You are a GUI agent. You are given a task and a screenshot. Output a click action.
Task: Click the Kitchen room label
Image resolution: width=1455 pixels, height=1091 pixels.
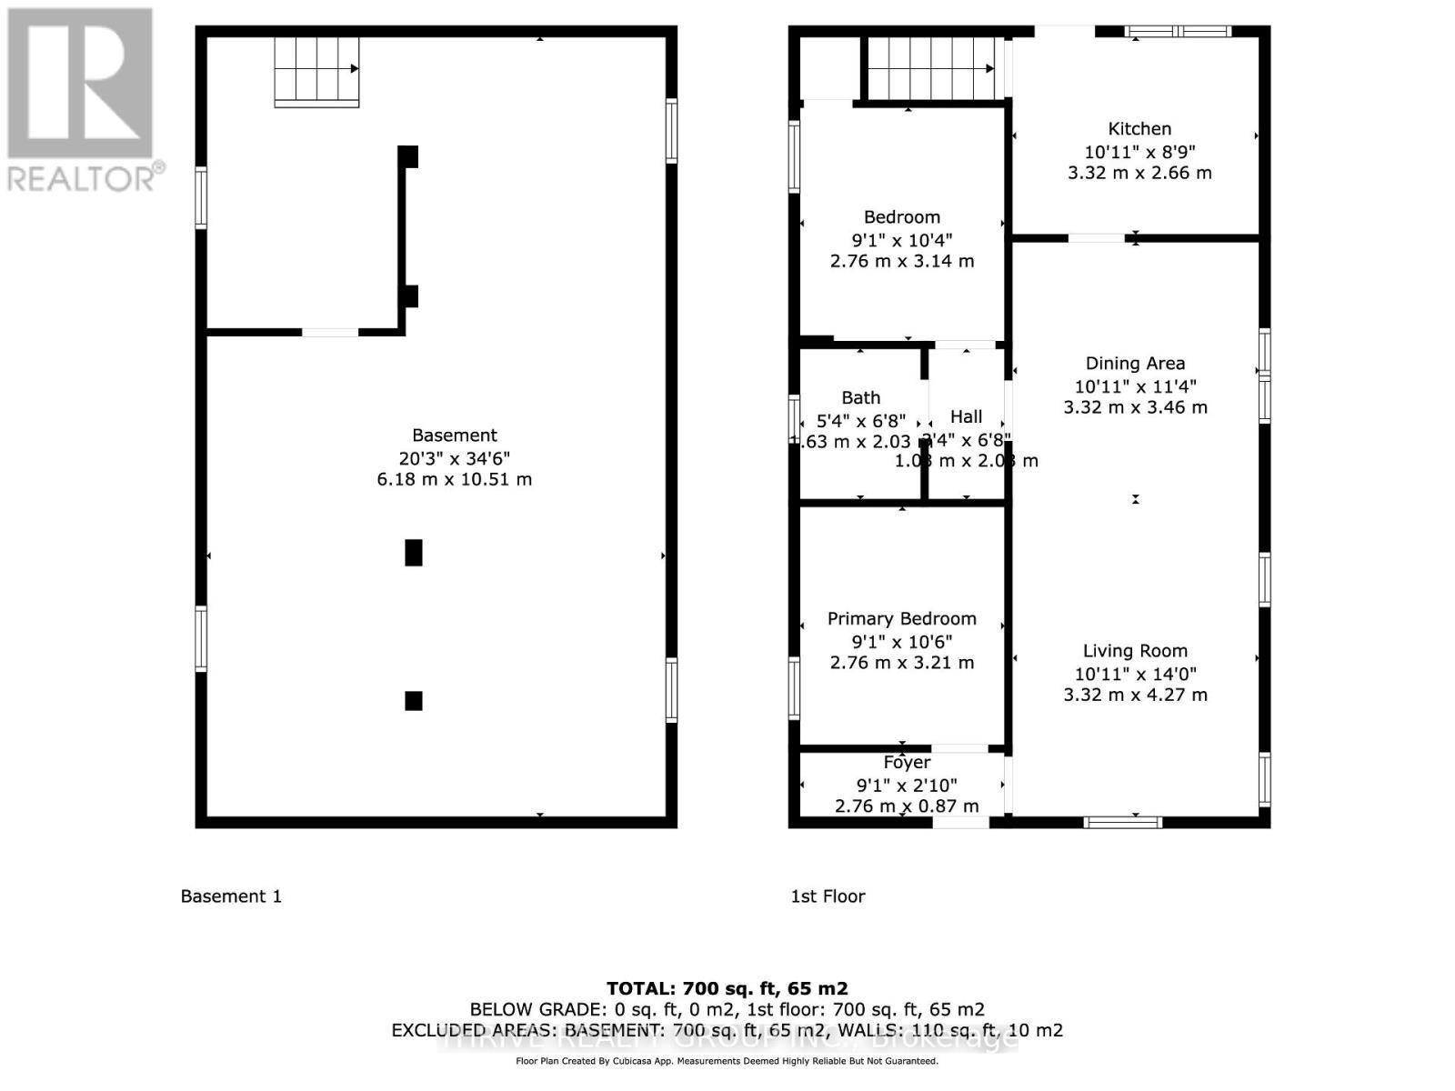1139,129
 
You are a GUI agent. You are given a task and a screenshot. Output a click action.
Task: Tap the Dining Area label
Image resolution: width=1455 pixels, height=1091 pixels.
1135,364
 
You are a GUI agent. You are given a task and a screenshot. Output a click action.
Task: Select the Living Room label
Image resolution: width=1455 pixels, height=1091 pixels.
1135,651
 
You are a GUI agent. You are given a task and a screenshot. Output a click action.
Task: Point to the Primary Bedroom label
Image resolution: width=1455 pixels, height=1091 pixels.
901,619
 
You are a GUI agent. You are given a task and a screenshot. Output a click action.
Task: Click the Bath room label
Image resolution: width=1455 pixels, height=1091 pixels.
860,398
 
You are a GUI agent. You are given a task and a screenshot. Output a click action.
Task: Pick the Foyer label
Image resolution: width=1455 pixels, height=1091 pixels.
907,763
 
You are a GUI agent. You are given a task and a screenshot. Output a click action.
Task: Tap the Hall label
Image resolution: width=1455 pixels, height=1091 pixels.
966,416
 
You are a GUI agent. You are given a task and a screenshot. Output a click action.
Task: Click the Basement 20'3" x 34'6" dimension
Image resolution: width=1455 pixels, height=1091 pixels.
454,458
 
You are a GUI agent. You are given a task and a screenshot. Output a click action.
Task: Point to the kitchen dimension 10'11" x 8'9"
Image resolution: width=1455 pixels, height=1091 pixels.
1139,152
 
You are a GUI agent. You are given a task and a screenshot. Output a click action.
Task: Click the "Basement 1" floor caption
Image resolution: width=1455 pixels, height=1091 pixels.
231,896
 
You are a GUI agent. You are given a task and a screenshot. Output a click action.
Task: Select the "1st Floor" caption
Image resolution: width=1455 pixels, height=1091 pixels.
828,896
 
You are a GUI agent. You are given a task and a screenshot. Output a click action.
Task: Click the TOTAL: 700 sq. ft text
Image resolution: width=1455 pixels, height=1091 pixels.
727,988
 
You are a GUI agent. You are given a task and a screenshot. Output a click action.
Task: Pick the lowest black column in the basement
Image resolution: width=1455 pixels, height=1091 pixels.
414,701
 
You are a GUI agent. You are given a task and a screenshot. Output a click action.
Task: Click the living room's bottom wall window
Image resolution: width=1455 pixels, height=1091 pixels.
1123,822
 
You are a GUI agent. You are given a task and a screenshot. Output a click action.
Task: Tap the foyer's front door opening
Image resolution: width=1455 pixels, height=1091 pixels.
961,822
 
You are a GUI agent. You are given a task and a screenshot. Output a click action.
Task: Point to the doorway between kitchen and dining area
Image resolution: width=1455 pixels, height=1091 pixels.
1096,238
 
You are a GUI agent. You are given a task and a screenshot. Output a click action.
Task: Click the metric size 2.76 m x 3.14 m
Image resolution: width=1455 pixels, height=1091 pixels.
901,262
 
